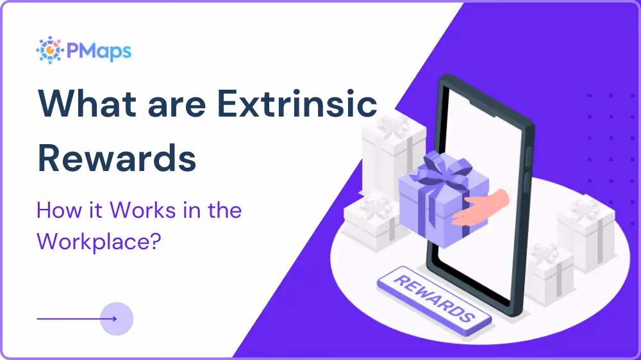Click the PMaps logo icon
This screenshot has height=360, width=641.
point(49,50)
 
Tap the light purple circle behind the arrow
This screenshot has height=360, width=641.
point(117,318)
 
